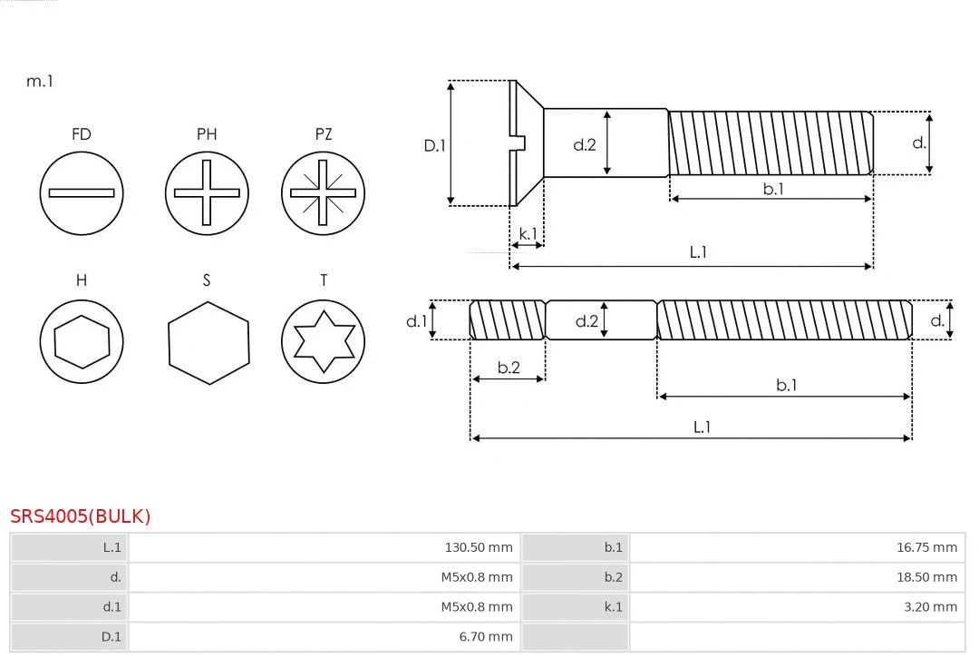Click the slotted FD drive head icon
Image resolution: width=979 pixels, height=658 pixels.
coord(82,193)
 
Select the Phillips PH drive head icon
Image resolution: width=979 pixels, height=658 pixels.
coord(207,193)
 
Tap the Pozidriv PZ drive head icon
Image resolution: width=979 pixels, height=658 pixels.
coord(323,193)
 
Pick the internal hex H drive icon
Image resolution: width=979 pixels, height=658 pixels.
coord(82,341)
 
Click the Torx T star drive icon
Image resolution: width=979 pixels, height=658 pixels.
coord(323,341)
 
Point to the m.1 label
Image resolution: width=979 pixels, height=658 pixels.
coord(40,81)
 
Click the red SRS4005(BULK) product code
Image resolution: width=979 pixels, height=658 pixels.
coord(81,516)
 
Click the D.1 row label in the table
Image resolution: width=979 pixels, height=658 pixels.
coord(111,637)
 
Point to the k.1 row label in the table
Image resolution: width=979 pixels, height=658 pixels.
coord(614,607)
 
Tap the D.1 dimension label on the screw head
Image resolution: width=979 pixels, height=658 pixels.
coord(435,145)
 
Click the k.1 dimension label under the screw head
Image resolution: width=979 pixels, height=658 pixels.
coord(527,233)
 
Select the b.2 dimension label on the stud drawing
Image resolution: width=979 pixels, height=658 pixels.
coord(509,368)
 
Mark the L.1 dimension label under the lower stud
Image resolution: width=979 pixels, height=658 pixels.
coord(702,427)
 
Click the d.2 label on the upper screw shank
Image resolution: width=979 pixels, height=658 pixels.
coord(585,144)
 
